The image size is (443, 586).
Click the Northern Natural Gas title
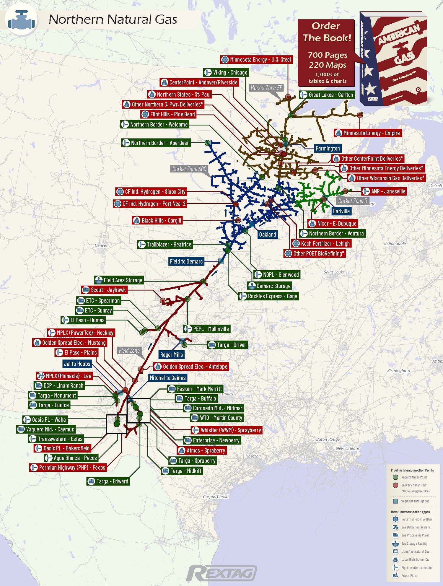113,19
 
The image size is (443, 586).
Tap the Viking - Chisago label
226,72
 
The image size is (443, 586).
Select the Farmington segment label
328,149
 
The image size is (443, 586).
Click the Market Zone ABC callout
189,169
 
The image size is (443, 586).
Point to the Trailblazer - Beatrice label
165,245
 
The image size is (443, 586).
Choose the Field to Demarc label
186,261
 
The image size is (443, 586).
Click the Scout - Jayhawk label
105,290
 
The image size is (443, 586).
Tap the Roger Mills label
171,355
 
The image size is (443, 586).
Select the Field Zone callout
129,351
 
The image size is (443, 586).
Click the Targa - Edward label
109,481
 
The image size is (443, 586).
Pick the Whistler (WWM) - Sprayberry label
227,430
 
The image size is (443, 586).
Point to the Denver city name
101,245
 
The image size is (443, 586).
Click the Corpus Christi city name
216,497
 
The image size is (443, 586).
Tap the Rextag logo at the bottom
221,574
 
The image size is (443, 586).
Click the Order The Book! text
327,32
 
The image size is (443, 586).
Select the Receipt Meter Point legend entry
414,477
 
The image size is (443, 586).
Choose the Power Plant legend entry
409,575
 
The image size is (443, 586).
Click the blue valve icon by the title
22,20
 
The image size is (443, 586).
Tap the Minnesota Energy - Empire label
368,133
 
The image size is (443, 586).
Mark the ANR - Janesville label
384,191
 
